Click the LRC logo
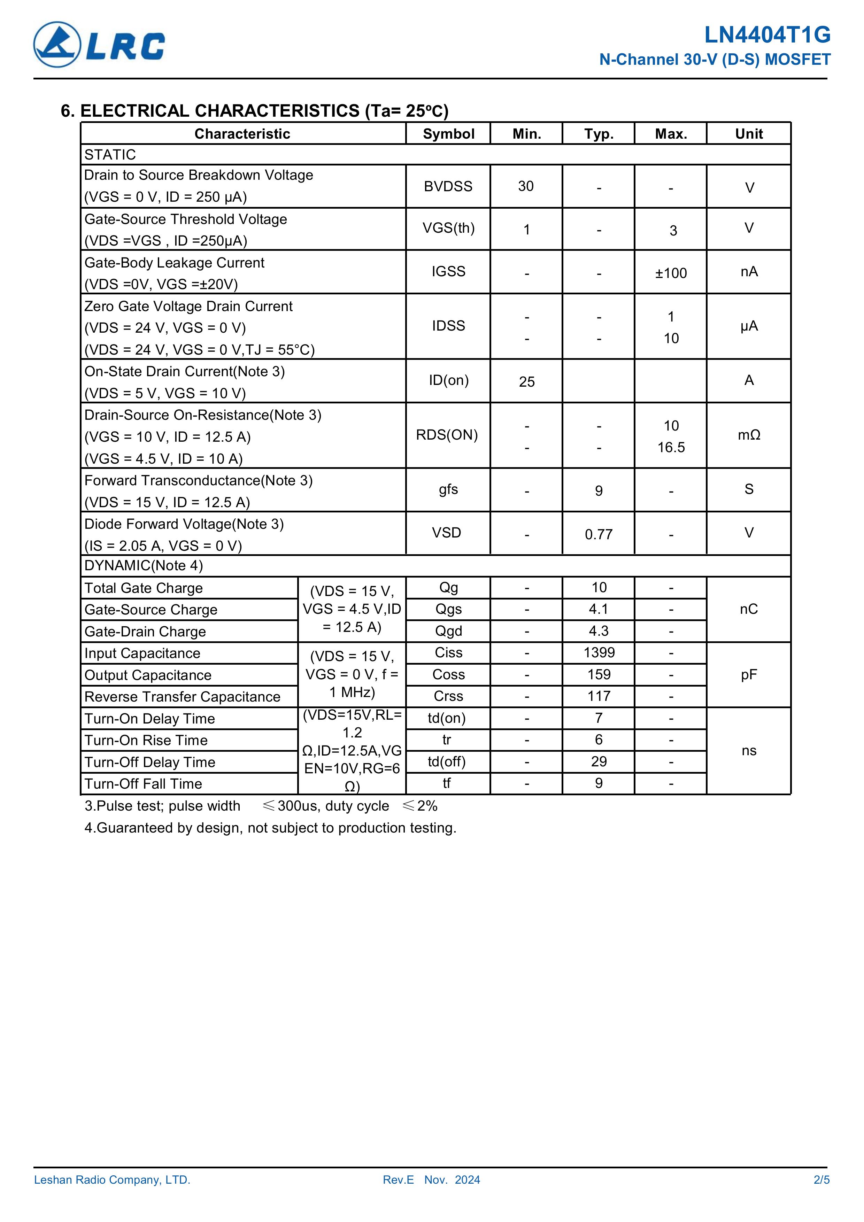pyautogui.click(x=99, y=45)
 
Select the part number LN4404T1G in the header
pyautogui.click(x=767, y=35)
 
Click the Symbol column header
pyautogui.click(x=448, y=133)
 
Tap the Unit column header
pyautogui.click(x=748, y=133)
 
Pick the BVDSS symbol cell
pyautogui.click(x=448, y=186)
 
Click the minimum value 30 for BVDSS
pyautogui.click(x=526, y=186)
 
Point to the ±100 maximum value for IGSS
pyautogui.click(x=671, y=273)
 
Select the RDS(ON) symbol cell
pyautogui.click(x=447, y=435)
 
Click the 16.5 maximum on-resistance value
pyautogui.click(x=671, y=447)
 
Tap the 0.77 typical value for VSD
pyautogui.click(x=599, y=534)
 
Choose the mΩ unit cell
pyautogui.click(x=748, y=435)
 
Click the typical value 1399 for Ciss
pyautogui.click(x=599, y=652)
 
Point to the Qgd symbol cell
pyautogui.click(x=448, y=631)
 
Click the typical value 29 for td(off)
pyautogui.click(x=599, y=761)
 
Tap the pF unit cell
pyautogui.click(x=748, y=675)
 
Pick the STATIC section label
pyautogui.click(x=110, y=154)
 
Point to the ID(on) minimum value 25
pyautogui.click(x=526, y=381)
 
